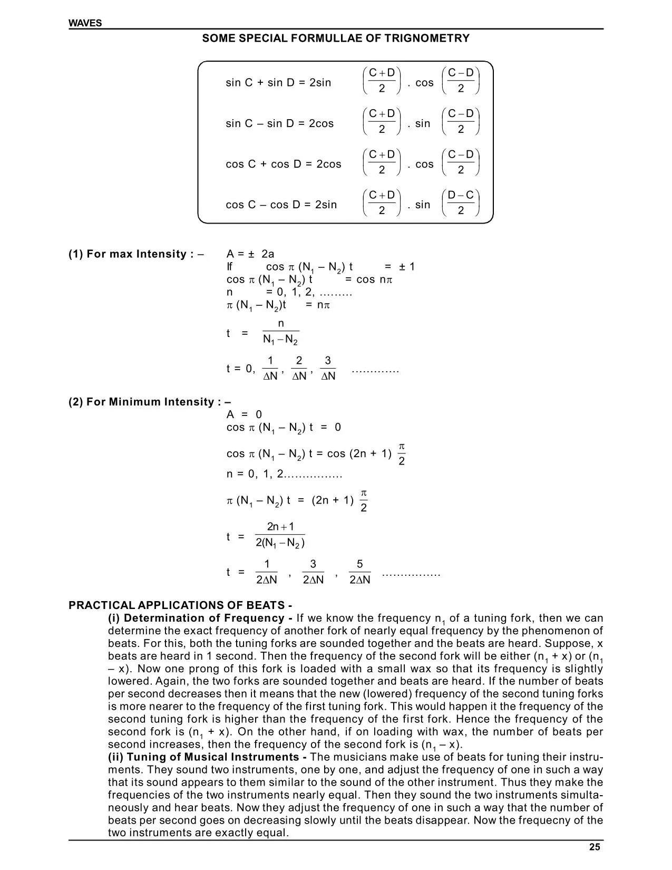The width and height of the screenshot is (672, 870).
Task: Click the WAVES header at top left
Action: [x=85, y=23]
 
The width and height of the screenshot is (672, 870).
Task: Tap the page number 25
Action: [x=595, y=847]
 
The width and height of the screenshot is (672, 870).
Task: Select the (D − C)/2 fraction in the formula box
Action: [x=461, y=203]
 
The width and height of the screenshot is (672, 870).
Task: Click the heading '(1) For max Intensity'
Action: [x=136, y=254]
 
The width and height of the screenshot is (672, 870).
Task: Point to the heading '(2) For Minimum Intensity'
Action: [x=150, y=402]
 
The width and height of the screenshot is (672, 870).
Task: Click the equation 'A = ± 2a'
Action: [x=250, y=254]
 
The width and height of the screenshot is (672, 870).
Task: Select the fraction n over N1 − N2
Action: [x=280, y=332]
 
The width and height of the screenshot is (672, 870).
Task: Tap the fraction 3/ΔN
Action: [x=328, y=368]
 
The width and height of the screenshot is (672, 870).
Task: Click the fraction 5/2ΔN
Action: [x=360, y=572]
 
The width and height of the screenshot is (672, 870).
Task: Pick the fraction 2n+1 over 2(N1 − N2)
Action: [x=280, y=535]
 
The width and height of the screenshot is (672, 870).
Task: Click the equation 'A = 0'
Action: [x=244, y=414]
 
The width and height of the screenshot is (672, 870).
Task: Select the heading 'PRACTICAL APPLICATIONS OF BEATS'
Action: [x=180, y=605]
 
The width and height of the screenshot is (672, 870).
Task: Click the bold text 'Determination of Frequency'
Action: [x=203, y=618]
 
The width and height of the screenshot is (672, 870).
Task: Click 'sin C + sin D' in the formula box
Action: [x=256, y=83]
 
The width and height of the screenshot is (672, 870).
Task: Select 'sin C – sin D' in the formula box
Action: [x=256, y=123]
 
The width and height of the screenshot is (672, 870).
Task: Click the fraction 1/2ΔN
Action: [x=267, y=572]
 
